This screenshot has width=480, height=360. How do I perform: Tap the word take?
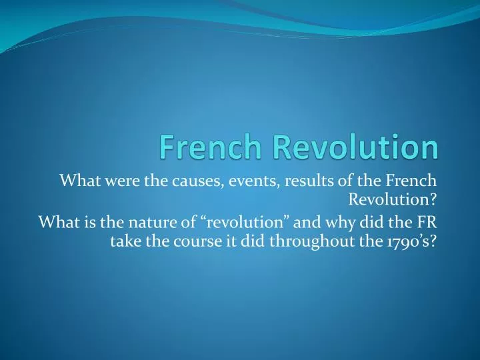(x=123, y=241)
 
